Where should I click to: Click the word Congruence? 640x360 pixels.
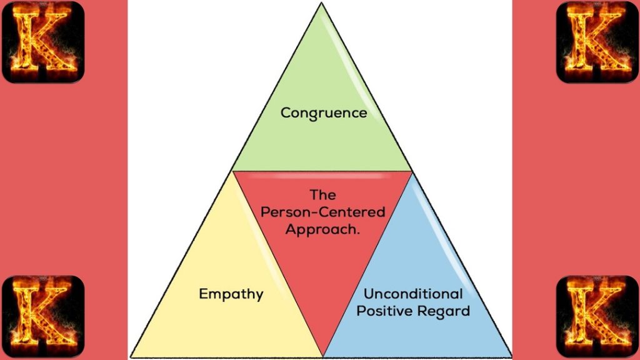pyautogui.click(x=323, y=113)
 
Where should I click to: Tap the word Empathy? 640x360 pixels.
pyautogui.click(x=231, y=293)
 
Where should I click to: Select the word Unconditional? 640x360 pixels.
pyautogui.click(x=413, y=294)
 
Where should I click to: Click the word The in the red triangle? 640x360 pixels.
pyautogui.click(x=322, y=195)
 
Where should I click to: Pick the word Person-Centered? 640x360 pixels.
pyautogui.click(x=322, y=212)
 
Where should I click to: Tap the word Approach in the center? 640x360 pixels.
pyautogui.click(x=321, y=229)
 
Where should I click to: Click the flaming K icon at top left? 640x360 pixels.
pyautogui.click(x=43, y=42)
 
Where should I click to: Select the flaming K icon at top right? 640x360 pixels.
pyautogui.click(x=597, y=42)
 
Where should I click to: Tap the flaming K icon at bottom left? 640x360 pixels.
pyautogui.click(x=43, y=316)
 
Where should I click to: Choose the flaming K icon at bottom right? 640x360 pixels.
pyautogui.click(x=597, y=316)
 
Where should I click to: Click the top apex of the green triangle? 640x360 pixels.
pyautogui.click(x=321, y=3)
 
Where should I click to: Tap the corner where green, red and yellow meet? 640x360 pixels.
pyautogui.click(x=232, y=171)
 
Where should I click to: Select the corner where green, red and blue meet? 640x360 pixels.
pyautogui.click(x=412, y=171)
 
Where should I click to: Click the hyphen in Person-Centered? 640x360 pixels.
pyautogui.click(x=306, y=212)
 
